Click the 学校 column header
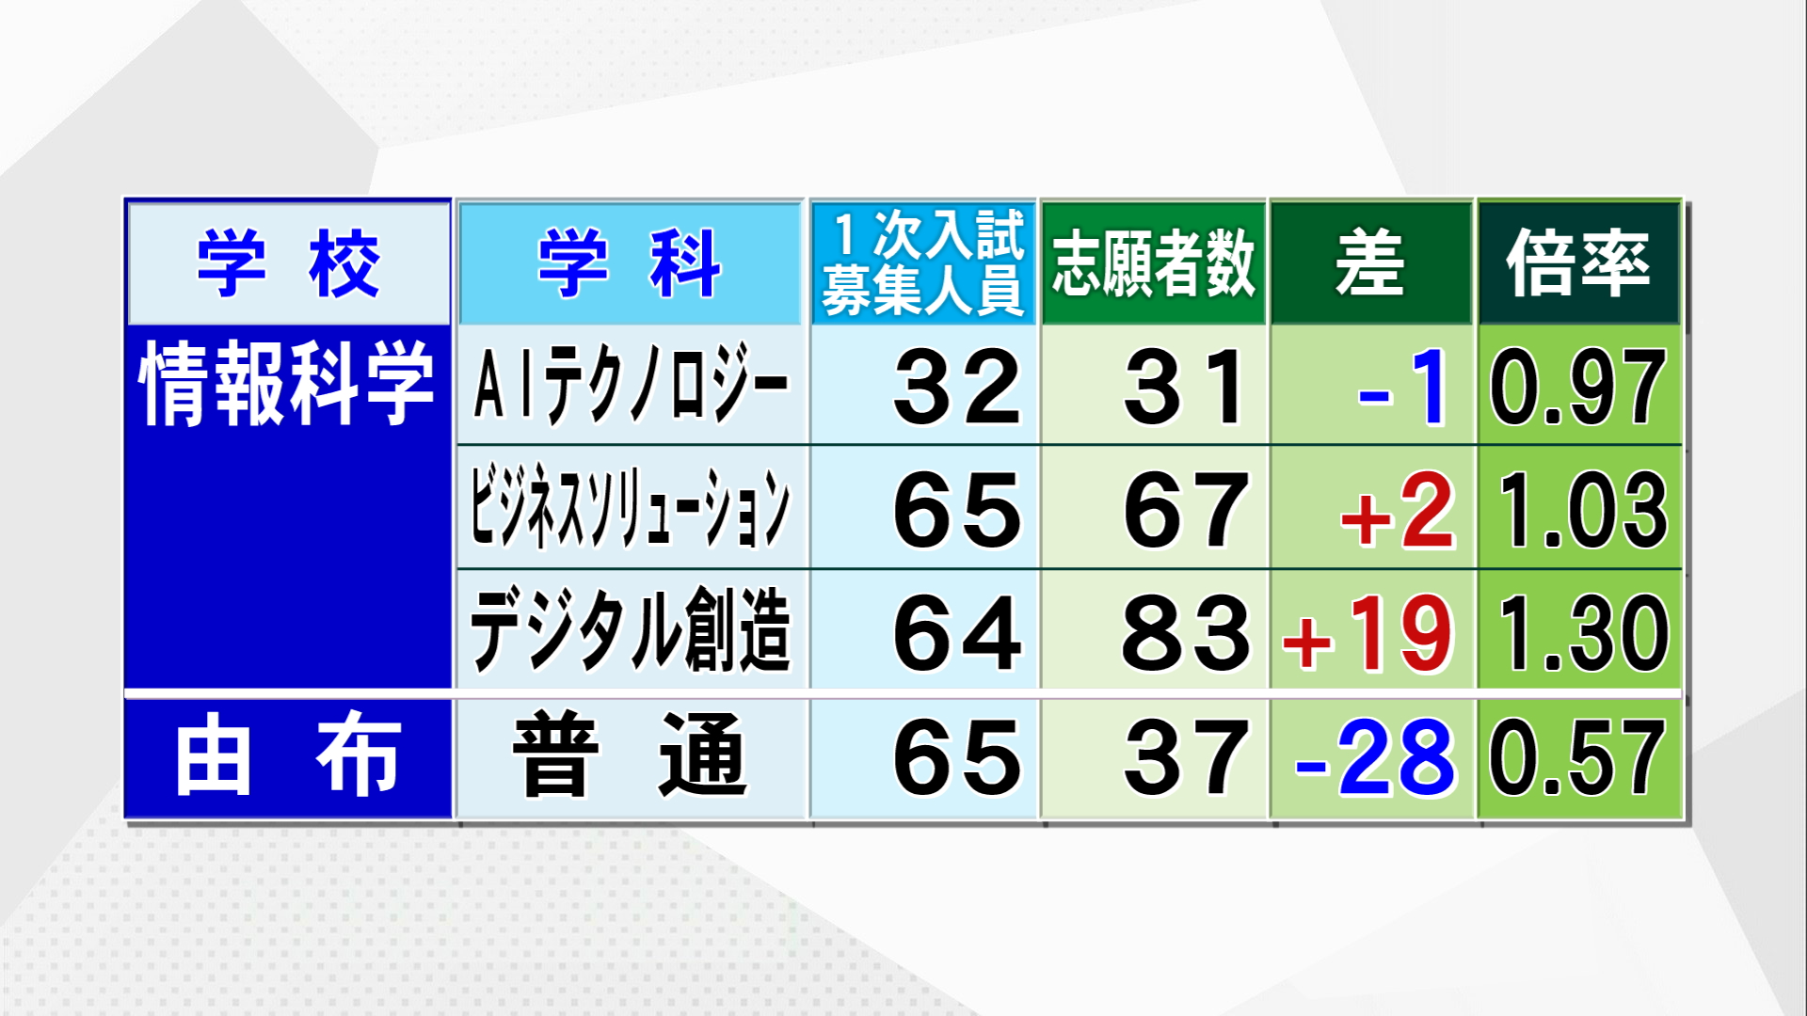(288, 263)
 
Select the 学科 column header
(630, 263)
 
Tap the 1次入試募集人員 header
(923, 262)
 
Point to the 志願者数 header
(1154, 263)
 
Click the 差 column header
(1370, 262)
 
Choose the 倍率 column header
(1578, 262)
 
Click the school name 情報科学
(287, 383)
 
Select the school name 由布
(288, 754)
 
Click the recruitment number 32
(957, 386)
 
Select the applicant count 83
(1187, 632)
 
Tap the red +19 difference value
(1368, 633)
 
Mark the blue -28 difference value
(1375, 756)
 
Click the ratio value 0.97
(1578, 387)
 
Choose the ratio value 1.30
(1582, 633)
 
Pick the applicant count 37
(1187, 756)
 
